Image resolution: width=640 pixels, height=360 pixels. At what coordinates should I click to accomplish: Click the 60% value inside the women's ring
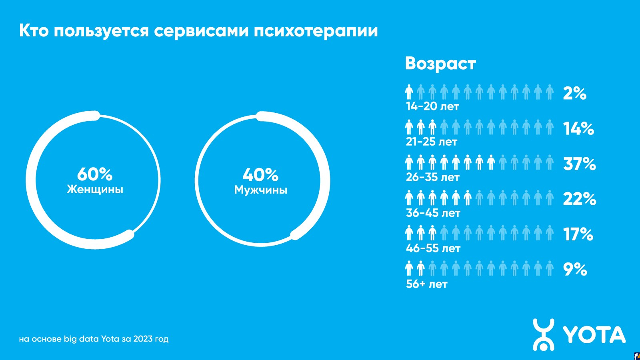[95, 174]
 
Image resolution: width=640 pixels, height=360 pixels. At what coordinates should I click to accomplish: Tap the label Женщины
[95, 189]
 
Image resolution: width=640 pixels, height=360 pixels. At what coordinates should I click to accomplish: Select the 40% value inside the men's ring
[260, 175]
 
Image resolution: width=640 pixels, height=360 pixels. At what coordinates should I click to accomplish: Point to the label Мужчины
[260, 190]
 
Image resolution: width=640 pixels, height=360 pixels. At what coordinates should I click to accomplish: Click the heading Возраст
[440, 64]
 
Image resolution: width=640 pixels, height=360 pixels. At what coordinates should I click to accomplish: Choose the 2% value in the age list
[574, 93]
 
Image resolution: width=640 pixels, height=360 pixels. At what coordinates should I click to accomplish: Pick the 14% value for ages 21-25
[578, 128]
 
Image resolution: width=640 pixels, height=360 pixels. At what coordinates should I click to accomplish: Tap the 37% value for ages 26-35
[580, 164]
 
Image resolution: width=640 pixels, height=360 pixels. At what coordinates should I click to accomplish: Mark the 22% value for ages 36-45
[580, 199]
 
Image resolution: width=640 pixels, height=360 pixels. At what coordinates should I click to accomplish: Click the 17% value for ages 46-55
[578, 234]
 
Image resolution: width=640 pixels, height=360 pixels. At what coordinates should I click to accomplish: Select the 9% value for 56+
[575, 269]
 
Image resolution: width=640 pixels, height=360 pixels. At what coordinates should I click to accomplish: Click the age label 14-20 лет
[432, 107]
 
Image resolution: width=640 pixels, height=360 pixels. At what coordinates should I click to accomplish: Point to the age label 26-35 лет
[433, 177]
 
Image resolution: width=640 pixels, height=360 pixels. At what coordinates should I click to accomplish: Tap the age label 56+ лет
[426, 284]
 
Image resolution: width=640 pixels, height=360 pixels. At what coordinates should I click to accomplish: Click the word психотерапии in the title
[316, 31]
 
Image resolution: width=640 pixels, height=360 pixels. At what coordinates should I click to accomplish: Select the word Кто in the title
[34, 30]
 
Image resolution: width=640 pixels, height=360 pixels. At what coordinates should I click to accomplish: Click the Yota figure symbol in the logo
[544, 334]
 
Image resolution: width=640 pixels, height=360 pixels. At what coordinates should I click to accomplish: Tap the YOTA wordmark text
[594, 335]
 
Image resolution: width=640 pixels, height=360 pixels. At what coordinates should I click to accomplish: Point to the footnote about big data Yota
[94, 339]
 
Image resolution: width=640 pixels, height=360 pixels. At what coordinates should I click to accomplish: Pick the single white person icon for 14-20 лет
[409, 92]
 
